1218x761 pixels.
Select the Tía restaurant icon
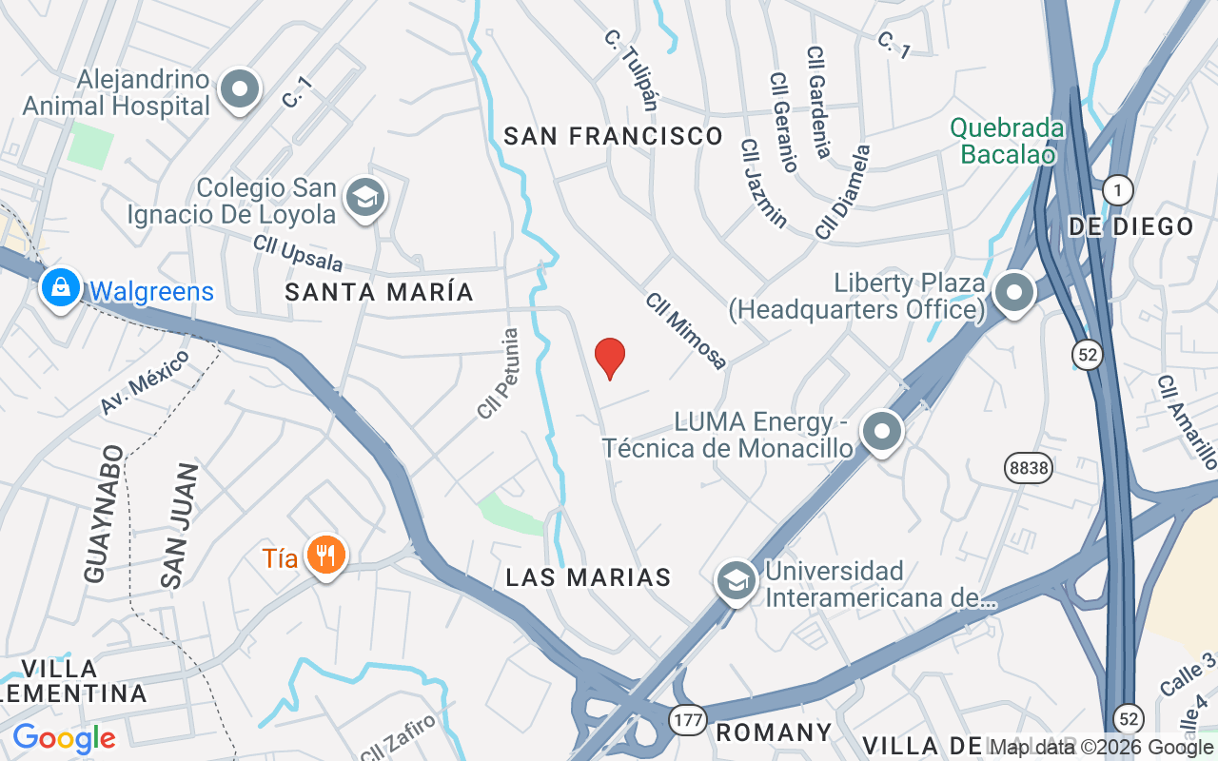326,555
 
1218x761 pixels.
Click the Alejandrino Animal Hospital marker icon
239,90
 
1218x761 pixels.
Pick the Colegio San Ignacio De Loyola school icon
364,198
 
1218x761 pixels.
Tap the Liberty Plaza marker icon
1014,292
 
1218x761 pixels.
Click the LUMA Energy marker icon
882,431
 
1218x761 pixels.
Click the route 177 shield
687,719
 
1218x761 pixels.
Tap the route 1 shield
1118,190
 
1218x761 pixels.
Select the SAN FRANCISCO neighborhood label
614,136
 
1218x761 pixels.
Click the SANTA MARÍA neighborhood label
380,292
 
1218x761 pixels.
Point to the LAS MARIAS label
588,577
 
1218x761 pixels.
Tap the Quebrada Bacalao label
1007,141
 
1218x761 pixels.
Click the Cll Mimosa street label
686,329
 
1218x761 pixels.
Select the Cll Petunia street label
499,374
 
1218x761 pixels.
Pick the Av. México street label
145,381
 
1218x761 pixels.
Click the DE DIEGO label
1130,226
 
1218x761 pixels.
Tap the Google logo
64,738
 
